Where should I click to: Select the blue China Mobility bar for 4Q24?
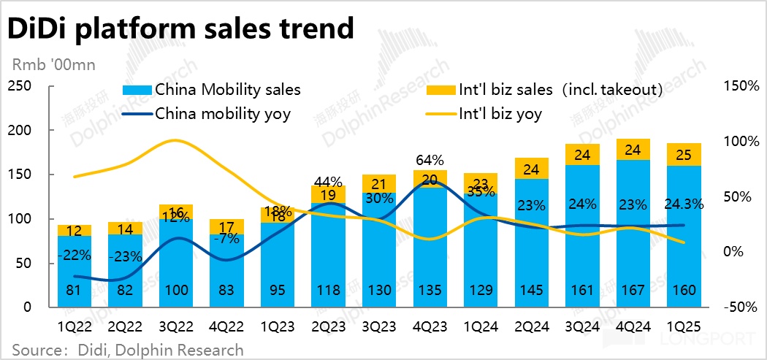point(633,234)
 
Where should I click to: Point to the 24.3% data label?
point(683,205)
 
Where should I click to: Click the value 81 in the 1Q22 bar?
point(75,291)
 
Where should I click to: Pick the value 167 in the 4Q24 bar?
point(633,291)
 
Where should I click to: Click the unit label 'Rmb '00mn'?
point(51,64)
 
